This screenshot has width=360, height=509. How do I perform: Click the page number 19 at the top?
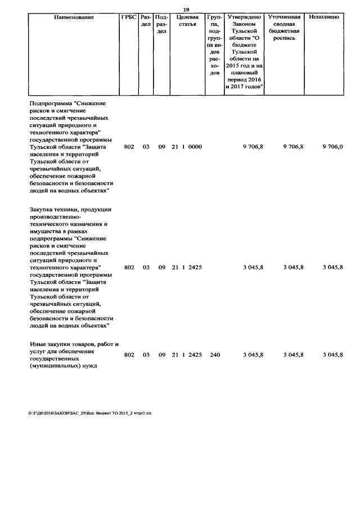click(x=187, y=9)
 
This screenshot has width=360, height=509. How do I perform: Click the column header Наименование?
click(x=74, y=17)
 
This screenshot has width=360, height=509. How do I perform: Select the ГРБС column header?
click(x=129, y=17)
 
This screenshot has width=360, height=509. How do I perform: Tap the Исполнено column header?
click(x=324, y=17)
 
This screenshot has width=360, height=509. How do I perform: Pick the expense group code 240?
click(x=214, y=355)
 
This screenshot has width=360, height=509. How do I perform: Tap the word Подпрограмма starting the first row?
click(x=51, y=103)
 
